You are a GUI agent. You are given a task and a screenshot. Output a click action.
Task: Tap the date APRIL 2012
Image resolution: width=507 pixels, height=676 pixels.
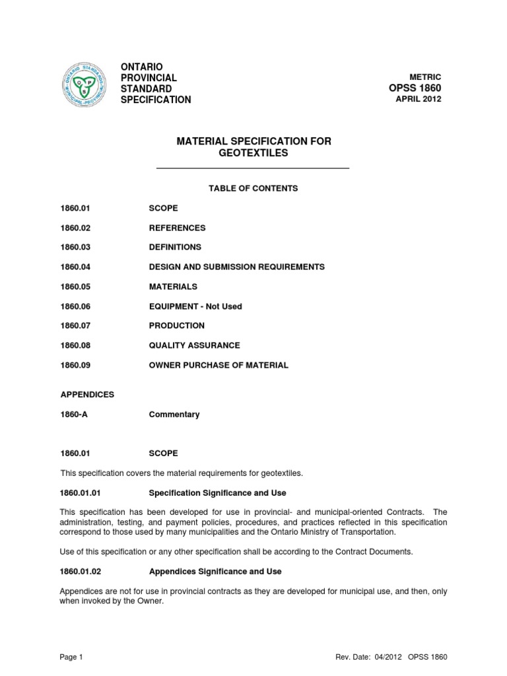click(419, 100)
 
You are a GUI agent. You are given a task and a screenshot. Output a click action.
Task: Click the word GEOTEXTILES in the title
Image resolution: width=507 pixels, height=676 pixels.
click(253, 154)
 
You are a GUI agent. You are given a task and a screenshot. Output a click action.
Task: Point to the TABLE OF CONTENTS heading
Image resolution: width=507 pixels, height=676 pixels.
click(253, 188)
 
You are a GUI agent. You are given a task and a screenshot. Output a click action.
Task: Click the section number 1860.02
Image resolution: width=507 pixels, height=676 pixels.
click(75, 228)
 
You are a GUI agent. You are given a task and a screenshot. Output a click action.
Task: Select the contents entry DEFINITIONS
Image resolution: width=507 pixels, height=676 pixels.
click(175, 247)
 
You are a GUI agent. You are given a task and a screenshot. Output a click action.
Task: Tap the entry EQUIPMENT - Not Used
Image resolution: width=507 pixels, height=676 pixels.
click(195, 306)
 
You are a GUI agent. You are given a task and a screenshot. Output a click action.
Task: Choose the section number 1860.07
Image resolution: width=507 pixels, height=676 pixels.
click(75, 325)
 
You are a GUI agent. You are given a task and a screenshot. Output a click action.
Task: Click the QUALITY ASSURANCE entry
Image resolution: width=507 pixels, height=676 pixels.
click(194, 345)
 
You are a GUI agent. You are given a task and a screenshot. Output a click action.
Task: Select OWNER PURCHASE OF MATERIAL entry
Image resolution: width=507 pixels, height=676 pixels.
click(219, 365)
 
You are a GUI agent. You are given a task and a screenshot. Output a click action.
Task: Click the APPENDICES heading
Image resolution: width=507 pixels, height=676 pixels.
click(88, 394)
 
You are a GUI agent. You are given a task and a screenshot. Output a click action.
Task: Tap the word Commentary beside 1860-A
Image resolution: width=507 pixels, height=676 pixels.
click(174, 415)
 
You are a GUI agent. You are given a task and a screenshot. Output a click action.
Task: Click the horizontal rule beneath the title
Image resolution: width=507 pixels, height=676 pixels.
click(252, 169)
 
